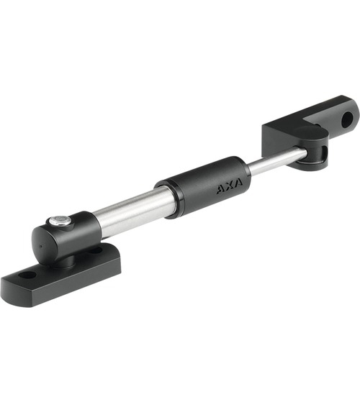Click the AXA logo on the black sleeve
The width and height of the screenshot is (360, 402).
pyautogui.click(x=230, y=186)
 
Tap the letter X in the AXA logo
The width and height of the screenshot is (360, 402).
pyautogui.click(x=230, y=186)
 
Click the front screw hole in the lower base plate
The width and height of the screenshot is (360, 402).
pyautogui.click(x=27, y=275)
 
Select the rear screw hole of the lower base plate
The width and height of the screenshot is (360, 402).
pyautogui.click(x=96, y=250)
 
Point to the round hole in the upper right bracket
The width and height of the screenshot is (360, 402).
pyautogui.click(x=346, y=119)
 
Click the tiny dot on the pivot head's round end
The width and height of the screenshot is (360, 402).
pyautogui.click(x=40, y=247)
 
